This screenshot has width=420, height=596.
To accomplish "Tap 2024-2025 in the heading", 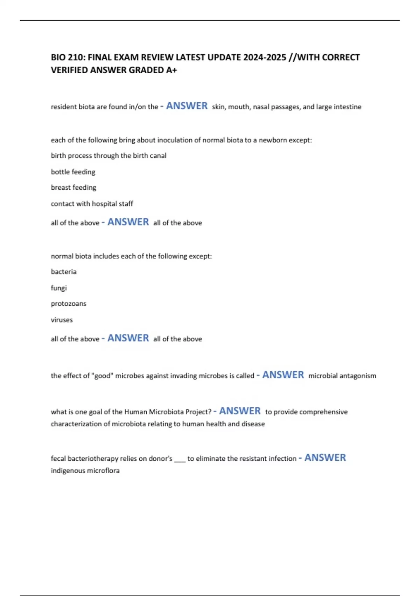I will [265, 57].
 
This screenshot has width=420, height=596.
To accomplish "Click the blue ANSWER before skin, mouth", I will [187, 106].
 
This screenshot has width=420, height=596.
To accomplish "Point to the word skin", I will [218, 107].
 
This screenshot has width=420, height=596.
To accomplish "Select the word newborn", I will [272, 140].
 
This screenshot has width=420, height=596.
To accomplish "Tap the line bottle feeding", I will [73, 172].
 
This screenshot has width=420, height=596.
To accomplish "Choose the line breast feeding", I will [73, 188].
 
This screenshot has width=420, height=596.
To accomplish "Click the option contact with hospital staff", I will [92, 204].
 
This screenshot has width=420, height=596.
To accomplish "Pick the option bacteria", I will [63, 272].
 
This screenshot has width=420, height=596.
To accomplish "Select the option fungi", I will [58, 288].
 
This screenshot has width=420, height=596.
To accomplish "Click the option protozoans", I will [68, 304].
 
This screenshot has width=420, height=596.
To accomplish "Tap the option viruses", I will [62, 320].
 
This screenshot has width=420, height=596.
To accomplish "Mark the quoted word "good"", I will [102, 376].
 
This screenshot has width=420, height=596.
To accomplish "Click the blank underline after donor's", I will [180, 459].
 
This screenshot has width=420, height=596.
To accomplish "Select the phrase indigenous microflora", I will [85, 471].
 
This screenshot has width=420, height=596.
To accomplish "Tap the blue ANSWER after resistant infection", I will [325, 458].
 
